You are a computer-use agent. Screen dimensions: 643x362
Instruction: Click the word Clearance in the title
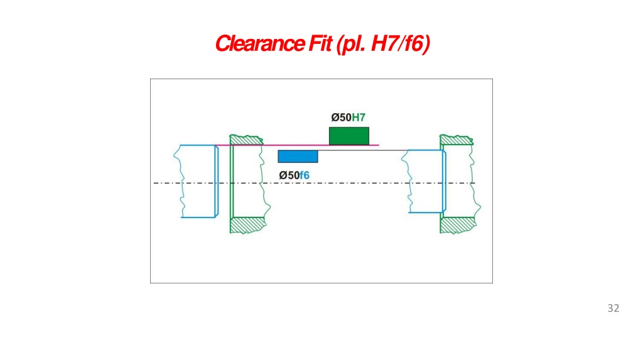tap(259, 43)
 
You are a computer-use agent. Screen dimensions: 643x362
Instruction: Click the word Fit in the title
tap(320, 43)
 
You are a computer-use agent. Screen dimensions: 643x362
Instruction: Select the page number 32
tap(613, 308)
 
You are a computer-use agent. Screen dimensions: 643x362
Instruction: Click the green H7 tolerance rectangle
tap(349, 136)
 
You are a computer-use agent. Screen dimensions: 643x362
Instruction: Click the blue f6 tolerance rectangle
tap(298, 156)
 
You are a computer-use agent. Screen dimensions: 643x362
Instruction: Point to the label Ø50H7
tap(348, 118)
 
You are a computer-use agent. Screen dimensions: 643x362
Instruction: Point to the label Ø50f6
tap(294, 175)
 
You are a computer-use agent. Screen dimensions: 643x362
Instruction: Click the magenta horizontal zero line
tap(297, 145)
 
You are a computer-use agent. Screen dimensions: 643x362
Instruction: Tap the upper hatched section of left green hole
tap(246, 140)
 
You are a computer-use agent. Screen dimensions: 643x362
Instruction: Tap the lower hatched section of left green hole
tap(247, 226)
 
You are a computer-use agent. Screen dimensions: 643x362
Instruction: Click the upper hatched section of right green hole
tap(457, 140)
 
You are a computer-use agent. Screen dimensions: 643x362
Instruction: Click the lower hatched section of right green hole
tap(458, 226)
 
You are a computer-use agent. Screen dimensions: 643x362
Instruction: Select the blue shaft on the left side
tap(197, 181)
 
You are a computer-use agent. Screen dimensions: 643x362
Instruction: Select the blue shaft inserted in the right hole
tap(424, 182)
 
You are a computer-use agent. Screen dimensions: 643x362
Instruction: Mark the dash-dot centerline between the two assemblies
tap(314, 183)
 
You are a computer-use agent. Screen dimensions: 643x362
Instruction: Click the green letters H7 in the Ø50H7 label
tap(359, 118)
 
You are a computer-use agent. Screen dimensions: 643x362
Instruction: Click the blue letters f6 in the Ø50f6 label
tap(305, 175)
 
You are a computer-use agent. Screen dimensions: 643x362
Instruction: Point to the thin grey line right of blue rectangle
tap(362, 150)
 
